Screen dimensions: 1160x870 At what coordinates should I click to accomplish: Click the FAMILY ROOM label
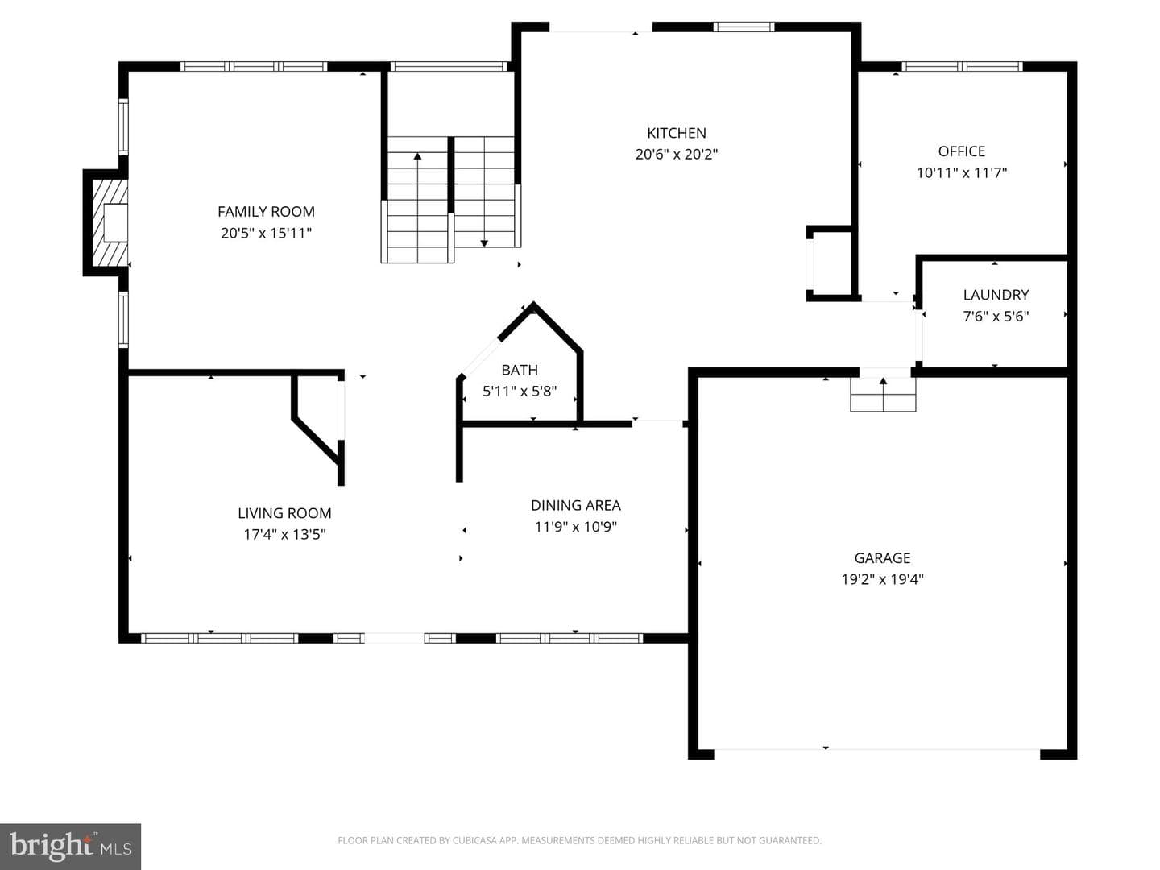click(x=266, y=211)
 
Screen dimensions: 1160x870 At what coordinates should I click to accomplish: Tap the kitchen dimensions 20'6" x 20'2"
click(x=677, y=154)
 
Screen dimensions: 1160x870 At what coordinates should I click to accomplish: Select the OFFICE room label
click(x=961, y=151)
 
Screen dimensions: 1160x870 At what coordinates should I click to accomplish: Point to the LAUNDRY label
click(x=996, y=295)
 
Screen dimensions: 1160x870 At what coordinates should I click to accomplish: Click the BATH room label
click(x=520, y=370)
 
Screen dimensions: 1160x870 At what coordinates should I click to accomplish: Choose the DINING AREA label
click(x=575, y=506)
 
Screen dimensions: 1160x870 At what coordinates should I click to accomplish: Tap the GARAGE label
click(x=882, y=557)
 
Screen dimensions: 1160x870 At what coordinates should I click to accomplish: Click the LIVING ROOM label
click(x=284, y=513)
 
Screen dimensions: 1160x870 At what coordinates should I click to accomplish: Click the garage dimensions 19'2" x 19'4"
click(x=882, y=579)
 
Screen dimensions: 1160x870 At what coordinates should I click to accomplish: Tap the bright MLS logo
click(x=70, y=846)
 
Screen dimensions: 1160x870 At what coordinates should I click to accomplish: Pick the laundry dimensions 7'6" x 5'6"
click(x=996, y=317)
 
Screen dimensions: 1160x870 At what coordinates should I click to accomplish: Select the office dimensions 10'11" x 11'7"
click(x=961, y=172)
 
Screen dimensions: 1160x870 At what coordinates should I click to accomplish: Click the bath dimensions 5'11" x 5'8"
click(x=520, y=391)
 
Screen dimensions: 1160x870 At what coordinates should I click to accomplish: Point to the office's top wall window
click(x=962, y=67)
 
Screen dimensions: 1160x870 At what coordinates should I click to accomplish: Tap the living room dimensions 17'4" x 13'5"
click(x=284, y=535)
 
